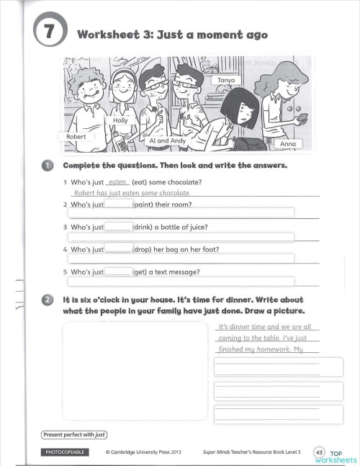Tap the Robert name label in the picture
click(76, 136)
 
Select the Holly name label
click(120, 120)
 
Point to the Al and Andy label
click(168, 140)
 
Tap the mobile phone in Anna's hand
click(302, 117)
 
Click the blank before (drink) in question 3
click(119, 227)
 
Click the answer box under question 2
click(180, 212)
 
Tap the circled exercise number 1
click(48, 166)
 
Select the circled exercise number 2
click(48, 300)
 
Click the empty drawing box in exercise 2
click(135, 371)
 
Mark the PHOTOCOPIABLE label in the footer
click(66, 452)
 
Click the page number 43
click(319, 452)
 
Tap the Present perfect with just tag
click(74, 434)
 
